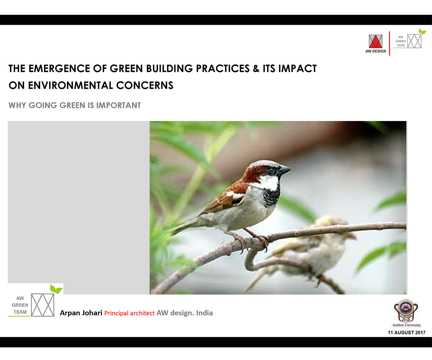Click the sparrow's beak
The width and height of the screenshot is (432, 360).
(284, 170)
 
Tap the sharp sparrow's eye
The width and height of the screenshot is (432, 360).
(272, 170)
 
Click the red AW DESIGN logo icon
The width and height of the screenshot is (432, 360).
(375, 41)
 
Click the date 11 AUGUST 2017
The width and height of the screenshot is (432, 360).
(406, 333)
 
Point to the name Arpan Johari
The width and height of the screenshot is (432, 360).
(81, 313)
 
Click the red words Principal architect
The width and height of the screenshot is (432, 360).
(130, 313)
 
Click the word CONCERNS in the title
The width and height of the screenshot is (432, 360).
(145, 85)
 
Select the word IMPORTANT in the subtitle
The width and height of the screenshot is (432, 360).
(118, 105)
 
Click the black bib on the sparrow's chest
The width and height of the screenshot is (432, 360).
(271, 197)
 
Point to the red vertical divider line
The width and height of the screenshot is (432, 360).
(390, 44)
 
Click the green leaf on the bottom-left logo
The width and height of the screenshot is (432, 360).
(56, 289)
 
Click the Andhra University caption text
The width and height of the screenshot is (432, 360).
(406, 325)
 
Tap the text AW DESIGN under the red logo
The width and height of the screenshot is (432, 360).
(375, 51)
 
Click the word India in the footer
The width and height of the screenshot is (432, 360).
(204, 313)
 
